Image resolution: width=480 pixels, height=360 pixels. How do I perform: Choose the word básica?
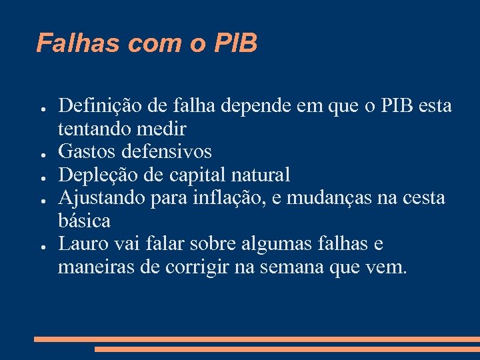click(84, 220)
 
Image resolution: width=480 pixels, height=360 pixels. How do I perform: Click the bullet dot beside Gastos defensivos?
click(41, 153)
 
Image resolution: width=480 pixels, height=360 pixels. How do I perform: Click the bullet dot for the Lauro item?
click(41, 245)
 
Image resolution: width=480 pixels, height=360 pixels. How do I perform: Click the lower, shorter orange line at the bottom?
click(287, 349)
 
